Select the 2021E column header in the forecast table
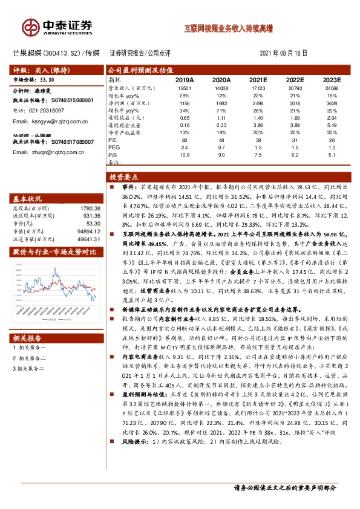click(x=258, y=80)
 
